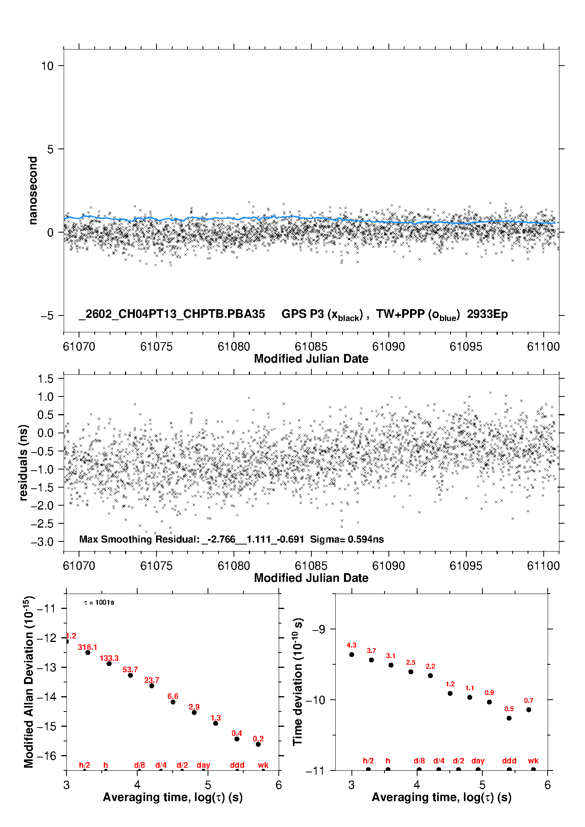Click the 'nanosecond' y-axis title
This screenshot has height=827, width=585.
click(x=33, y=190)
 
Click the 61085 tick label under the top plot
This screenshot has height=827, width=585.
click(x=311, y=347)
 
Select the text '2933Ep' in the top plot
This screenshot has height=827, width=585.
click(x=487, y=314)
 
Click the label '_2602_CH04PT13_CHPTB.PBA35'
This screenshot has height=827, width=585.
click(x=172, y=314)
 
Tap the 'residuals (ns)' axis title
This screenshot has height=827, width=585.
click(x=24, y=462)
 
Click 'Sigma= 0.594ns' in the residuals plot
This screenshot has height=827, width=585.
click(x=347, y=539)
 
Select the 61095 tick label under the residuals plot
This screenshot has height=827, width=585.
click(x=466, y=566)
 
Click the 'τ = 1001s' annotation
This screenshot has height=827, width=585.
click(x=99, y=603)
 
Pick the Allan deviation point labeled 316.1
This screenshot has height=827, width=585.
click(x=88, y=653)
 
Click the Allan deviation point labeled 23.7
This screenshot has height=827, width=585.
click(x=152, y=686)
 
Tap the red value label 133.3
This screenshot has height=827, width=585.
click(x=109, y=658)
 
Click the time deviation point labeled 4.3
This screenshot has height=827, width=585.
click(x=352, y=655)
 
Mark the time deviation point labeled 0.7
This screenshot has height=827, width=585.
click(x=529, y=710)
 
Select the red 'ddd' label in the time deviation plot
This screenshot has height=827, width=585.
click(x=509, y=761)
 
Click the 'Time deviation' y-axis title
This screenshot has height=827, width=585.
click(x=298, y=682)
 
